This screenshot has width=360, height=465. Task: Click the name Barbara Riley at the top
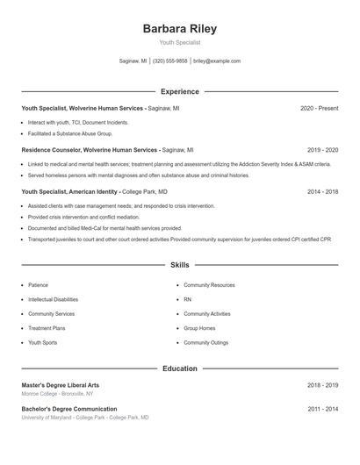(179, 28)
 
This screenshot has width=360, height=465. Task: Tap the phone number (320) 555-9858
(170, 61)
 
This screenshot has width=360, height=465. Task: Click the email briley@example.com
(217, 61)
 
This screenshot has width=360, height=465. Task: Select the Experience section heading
(179, 91)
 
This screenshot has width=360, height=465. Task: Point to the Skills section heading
(179, 264)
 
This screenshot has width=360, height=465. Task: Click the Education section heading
(179, 368)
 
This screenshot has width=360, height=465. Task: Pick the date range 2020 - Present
(319, 108)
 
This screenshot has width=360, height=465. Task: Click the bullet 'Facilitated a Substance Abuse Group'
(70, 133)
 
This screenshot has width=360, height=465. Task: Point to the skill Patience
(38, 285)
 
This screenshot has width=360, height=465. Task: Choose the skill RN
(187, 299)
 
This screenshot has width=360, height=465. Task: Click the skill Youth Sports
(42, 342)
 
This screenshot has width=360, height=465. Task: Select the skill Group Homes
(199, 328)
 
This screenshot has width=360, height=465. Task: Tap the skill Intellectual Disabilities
(59, 299)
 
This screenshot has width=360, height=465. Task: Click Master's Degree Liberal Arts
(60, 385)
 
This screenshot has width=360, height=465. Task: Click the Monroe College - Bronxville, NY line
(57, 394)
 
